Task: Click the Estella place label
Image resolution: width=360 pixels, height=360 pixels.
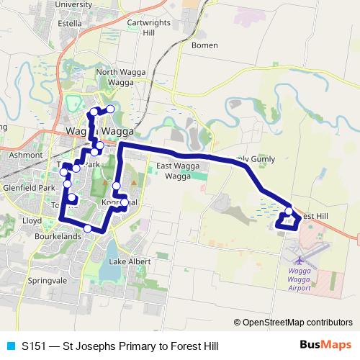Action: click(x=69, y=22)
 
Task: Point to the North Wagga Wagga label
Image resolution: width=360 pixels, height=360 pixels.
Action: click(x=116, y=76)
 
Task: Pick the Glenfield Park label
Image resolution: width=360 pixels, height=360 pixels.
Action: click(x=28, y=188)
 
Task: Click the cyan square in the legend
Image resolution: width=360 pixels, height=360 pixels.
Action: click(x=11, y=346)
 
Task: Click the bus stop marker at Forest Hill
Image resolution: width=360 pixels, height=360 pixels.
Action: click(x=289, y=212)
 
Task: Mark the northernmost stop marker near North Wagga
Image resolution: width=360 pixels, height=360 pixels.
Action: click(x=110, y=109)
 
